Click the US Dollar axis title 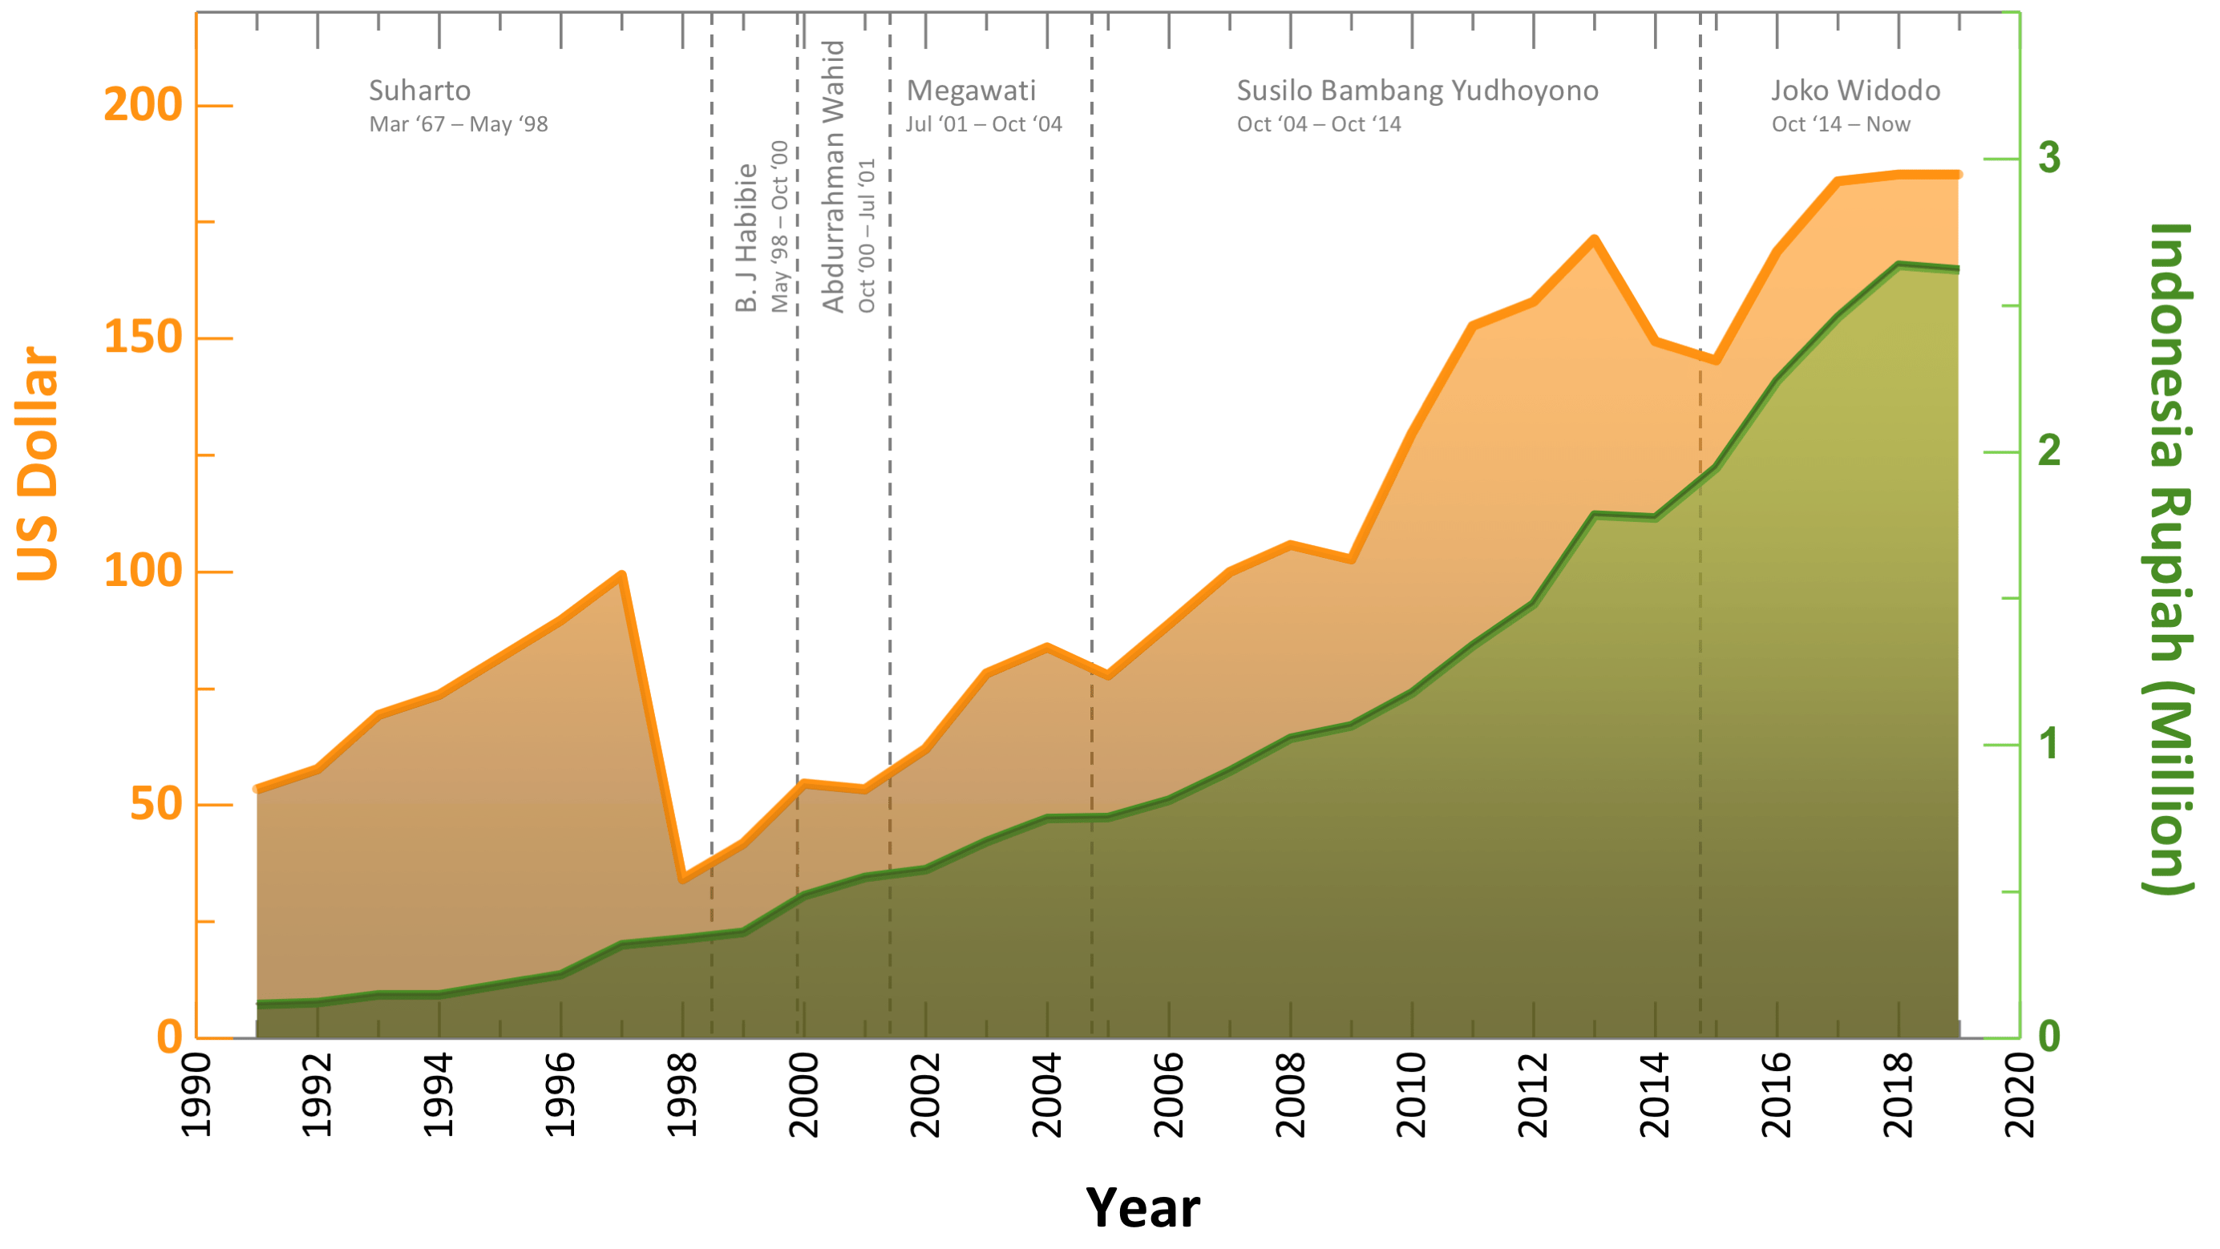click(38, 463)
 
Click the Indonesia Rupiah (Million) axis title click(2169, 559)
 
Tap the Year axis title click(1142, 1207)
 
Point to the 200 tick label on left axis click(143, 105)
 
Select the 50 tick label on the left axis click(156, 804)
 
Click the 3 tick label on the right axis click(2049, 158)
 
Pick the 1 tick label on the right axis click(2049, 744)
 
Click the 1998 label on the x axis click(682, 1095)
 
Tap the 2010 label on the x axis click(1412, 1095)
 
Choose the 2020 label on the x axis click(2020, 1095)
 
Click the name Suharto click(419, 91)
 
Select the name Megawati click(971, 91)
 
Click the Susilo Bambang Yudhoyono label click(1417, 91)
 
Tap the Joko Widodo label click(1855, 91)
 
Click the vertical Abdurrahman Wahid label click(833, 176)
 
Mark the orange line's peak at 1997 click(621, 575)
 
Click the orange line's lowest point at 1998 click(682, 879)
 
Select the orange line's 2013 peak click(1595, 239)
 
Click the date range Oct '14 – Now click(1841, 124)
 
